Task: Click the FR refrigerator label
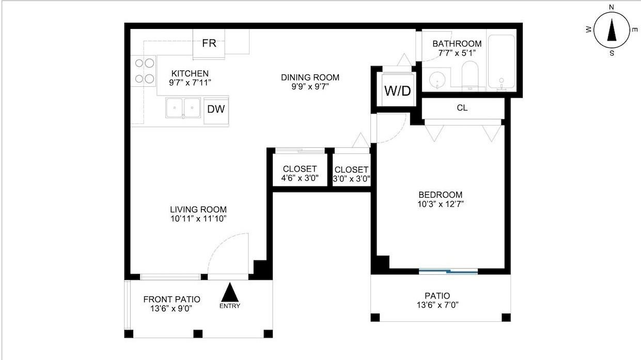click(x=209, y=43)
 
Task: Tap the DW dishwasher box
click(x=216, y=111)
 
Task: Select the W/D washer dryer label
click(x=398, y=91)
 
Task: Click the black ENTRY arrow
click(x=230, y=292)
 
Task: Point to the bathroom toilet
click(x=470, y=75)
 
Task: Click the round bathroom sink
click(x=437, y=80)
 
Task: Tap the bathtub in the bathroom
click(x=502, y=61)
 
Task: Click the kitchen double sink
click(x=183, y=108)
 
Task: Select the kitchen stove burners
click(x=145, y=71)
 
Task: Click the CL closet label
click(x=462, y=108)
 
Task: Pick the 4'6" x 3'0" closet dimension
click(x=300, y=178)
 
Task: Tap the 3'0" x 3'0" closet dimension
click(x=351, y=179)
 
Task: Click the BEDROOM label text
click(x=441, y=195)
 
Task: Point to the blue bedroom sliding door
click(x=448, y=271)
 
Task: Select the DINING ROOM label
click(x=310, y=77)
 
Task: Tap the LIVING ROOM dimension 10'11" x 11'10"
click(x=198, y=219)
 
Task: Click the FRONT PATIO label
click(x=171, y=300)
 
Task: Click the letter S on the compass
click(x=612, y=53)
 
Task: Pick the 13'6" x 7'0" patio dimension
click(x=437, y=305)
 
